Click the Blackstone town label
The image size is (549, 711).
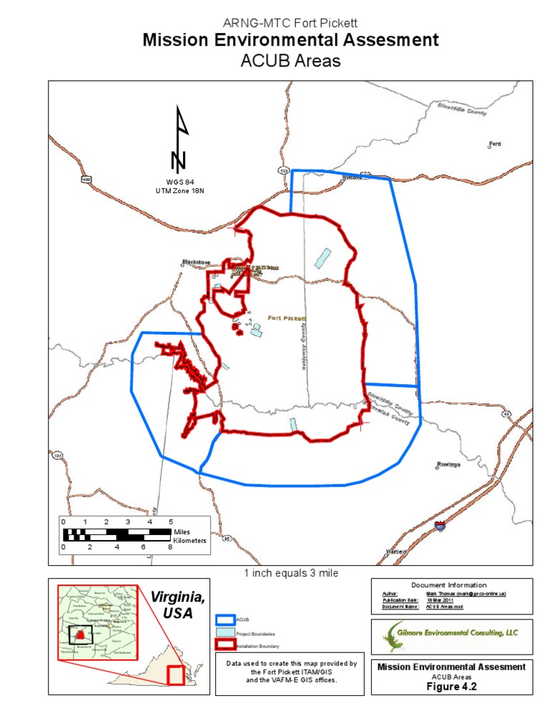(194, 262)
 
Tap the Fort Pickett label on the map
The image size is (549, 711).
(287, 318)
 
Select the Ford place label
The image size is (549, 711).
(495, 144)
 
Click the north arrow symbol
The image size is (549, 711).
(181, 139)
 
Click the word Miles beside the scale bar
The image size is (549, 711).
(182, 532)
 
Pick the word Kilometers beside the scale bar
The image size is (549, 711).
(189, 541)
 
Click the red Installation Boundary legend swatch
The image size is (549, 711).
(224, 646)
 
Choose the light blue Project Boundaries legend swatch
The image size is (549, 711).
(224, 633)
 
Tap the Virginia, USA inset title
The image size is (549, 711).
(177, 605)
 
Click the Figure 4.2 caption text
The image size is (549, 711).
(451, 685)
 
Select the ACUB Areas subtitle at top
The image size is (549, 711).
(290, 62)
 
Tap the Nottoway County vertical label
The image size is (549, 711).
(303, 344)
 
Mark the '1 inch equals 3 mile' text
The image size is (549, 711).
(290, 573)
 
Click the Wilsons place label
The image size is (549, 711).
(353, 177)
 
